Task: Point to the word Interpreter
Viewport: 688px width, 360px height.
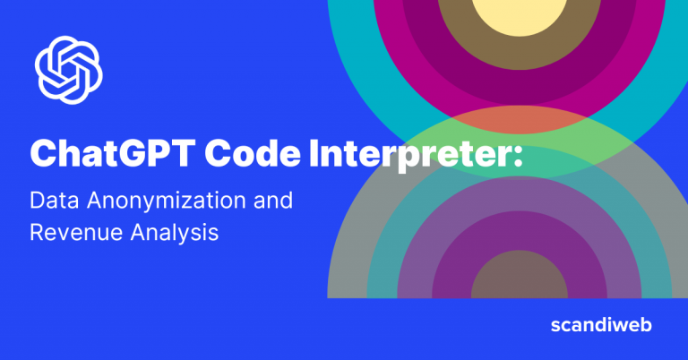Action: (x=403, y=155)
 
